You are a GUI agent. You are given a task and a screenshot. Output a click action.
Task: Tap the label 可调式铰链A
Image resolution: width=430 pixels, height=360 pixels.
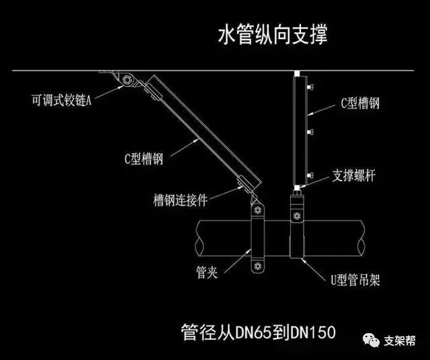tap(60, 100)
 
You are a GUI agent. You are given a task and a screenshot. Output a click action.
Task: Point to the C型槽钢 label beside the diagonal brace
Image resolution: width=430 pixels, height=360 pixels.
tap(144, 160)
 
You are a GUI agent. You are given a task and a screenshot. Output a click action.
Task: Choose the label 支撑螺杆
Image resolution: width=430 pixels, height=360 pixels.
tap(355, 176)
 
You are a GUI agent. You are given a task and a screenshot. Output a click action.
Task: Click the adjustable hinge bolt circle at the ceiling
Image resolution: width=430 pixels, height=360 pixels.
tap(126, 82)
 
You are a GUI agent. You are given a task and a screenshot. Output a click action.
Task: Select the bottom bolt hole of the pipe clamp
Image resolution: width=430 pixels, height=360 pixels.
tap(256, 267)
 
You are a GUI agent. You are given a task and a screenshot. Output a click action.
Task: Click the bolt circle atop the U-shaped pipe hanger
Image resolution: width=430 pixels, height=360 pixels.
tap(296, 216)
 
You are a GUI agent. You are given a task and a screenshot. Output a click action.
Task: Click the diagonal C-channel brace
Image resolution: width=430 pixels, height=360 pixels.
tap(202, 131)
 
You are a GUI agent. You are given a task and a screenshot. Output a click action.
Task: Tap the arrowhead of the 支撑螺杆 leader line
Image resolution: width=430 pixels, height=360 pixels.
tap(306, 178)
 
